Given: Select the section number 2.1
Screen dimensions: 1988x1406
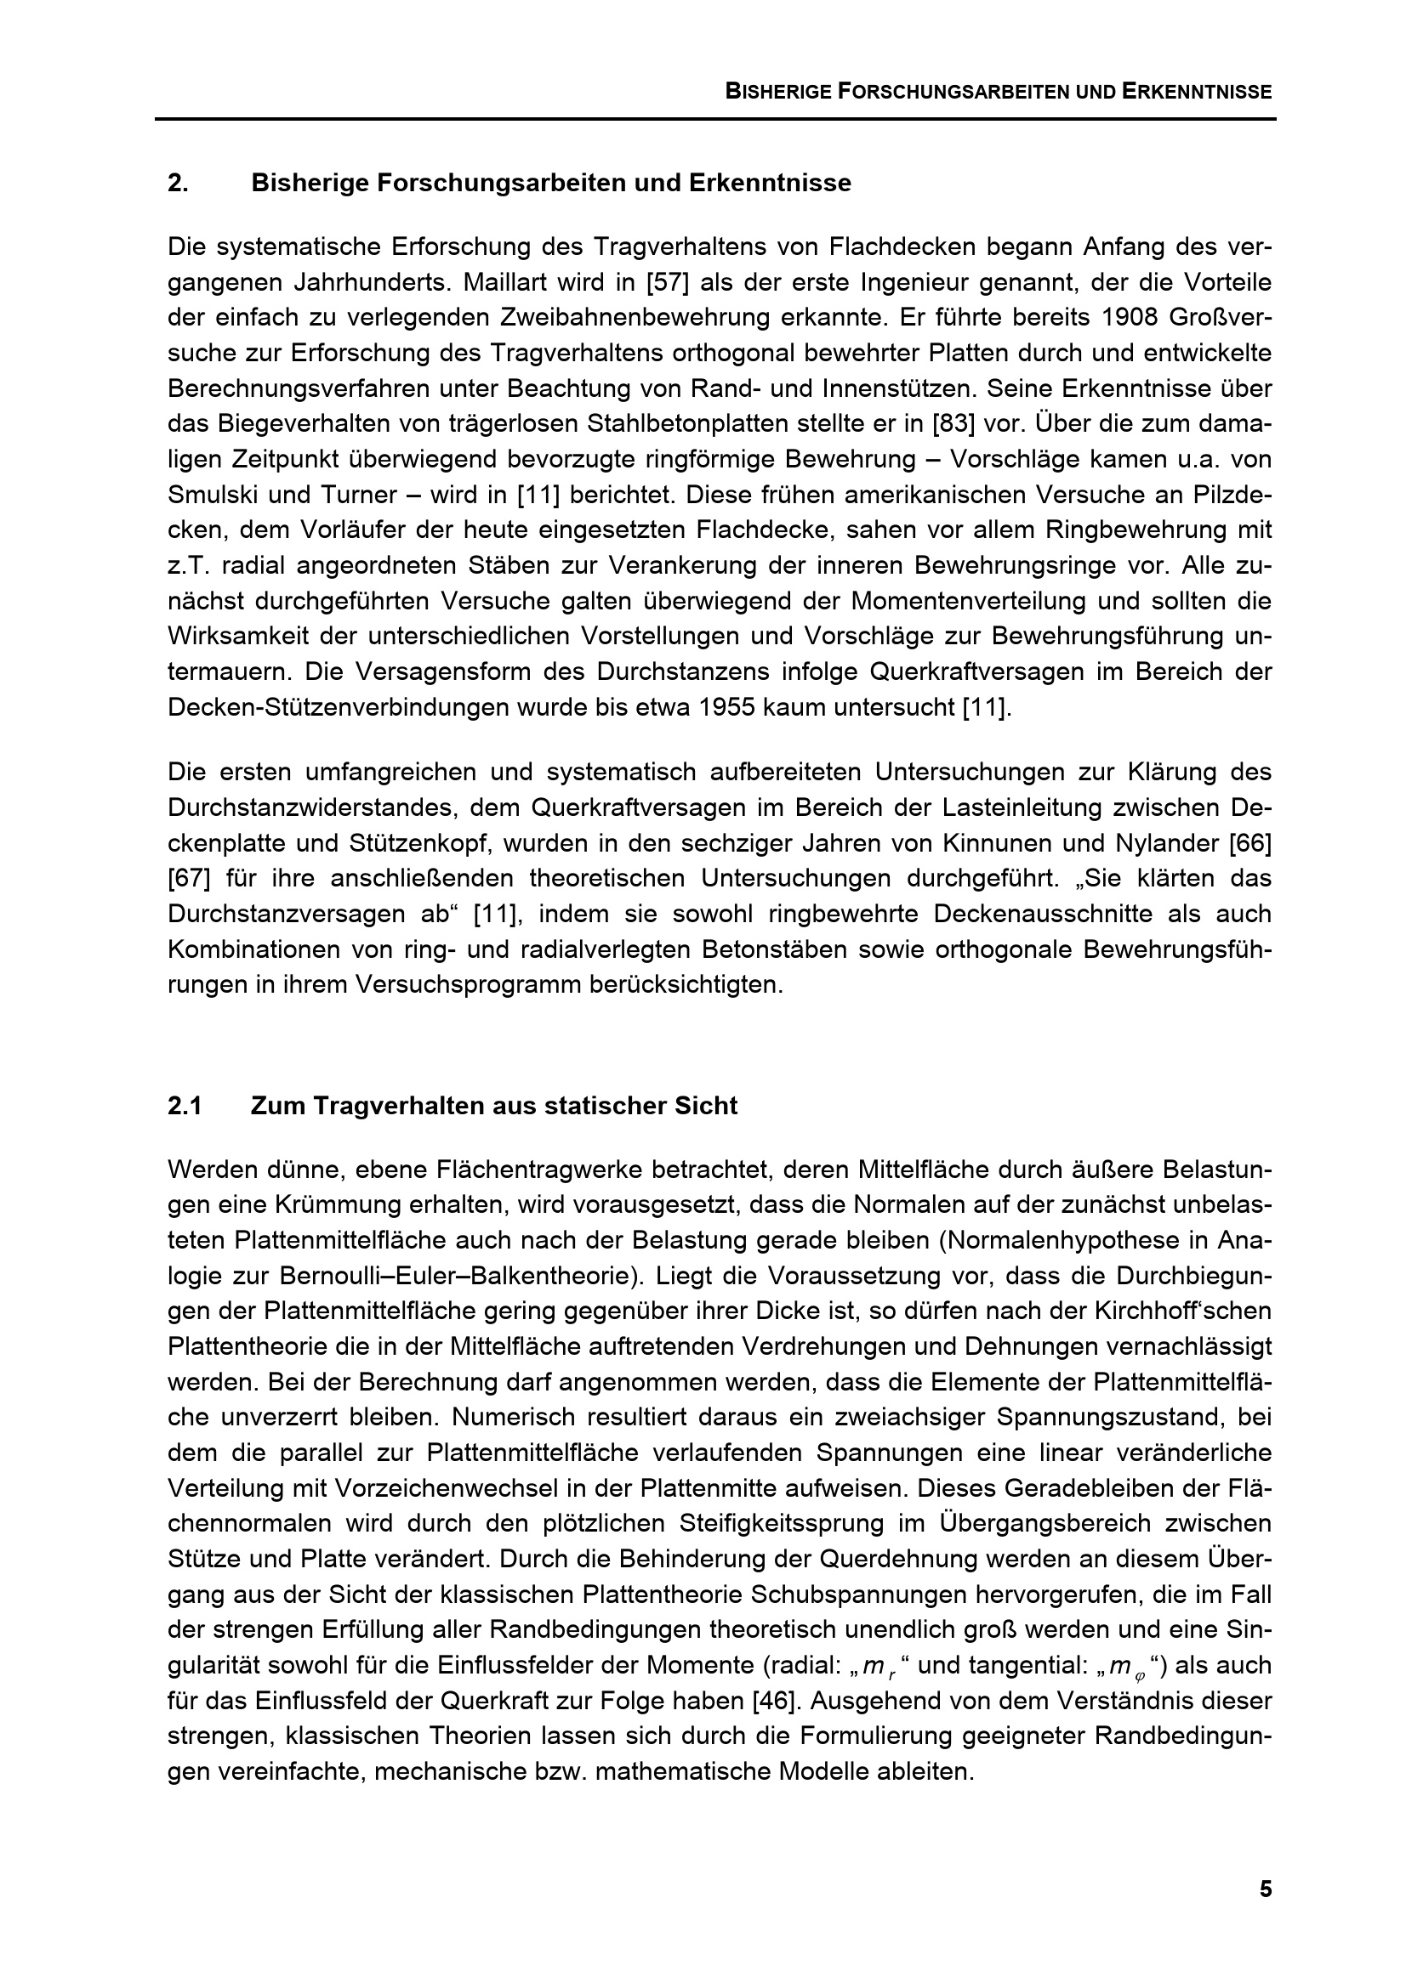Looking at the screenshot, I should [185, 1107].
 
